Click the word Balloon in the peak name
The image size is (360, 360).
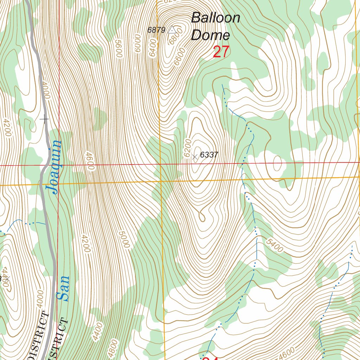coord(216,18)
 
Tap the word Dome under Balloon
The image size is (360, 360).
coord(211,35)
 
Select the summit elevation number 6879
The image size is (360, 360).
coord(156,30)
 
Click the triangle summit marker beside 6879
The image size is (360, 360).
coord(172,30)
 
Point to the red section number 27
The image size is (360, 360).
coord(221,52)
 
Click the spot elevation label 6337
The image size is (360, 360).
coord(209,155)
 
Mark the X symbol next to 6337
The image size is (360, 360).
coord(195,158)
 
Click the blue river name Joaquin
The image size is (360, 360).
coord(54,167)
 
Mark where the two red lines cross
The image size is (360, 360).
coord(58,165)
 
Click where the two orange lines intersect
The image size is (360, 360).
coord(161,181)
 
